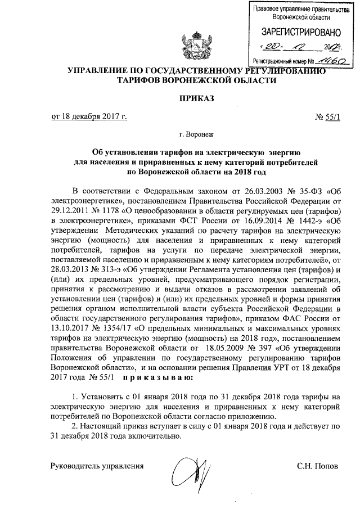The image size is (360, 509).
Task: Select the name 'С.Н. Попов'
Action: [318, 466]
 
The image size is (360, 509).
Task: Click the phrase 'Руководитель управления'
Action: [97, 466]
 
